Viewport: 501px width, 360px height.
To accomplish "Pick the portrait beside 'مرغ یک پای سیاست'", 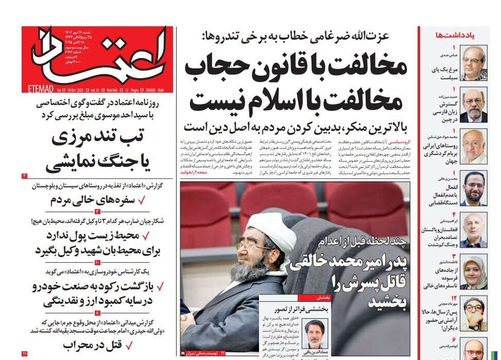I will click(473, 62).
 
